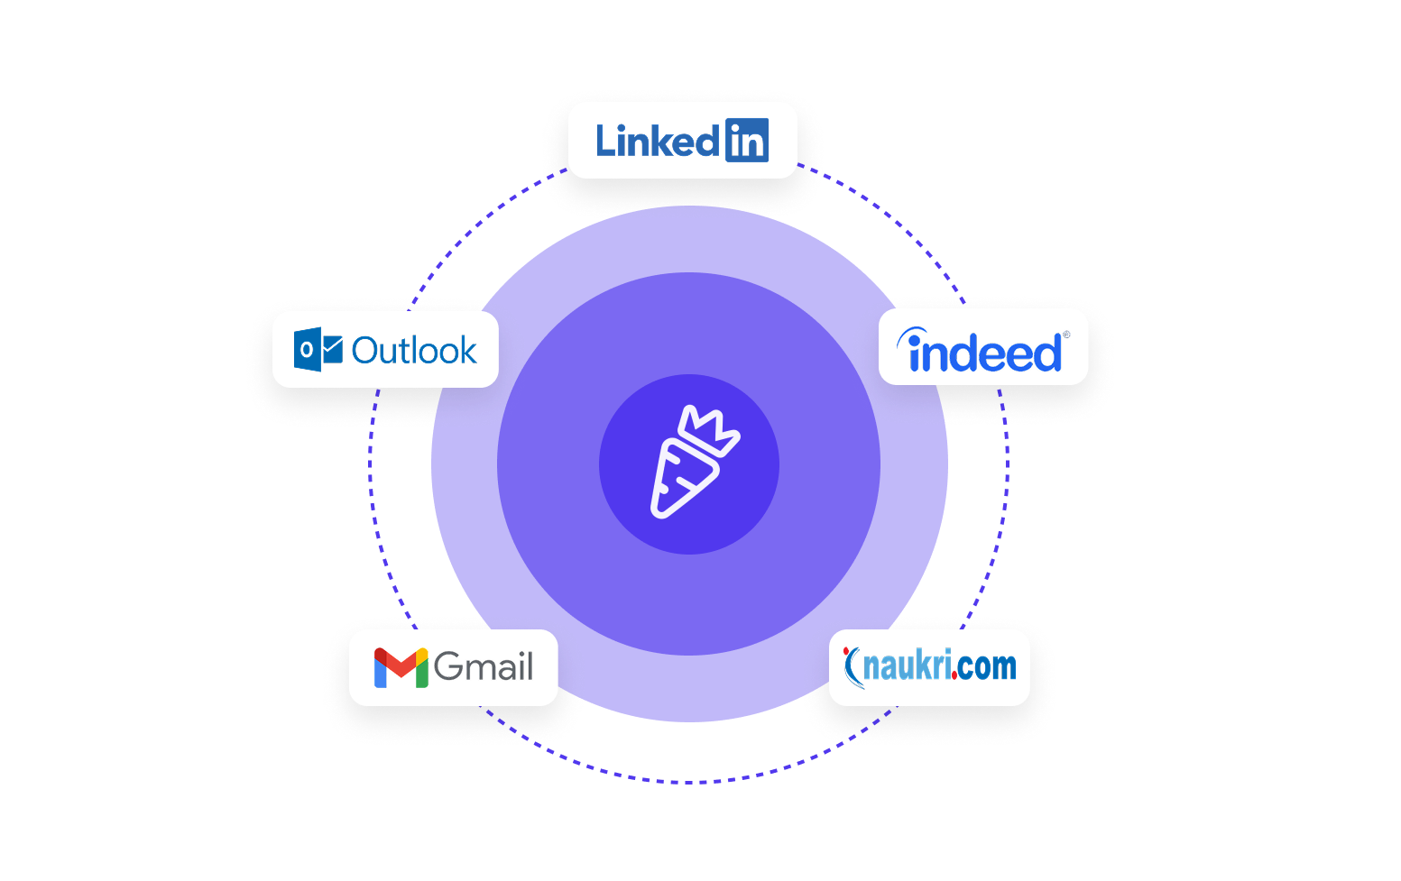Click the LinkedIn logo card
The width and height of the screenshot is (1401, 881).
pyautogui.click(x=682, y=140)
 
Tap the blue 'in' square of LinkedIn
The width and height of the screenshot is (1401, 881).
pyautogui.click(x=746, y=141)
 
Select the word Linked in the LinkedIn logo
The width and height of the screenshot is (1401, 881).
pyautogui.click(x=657, y=142)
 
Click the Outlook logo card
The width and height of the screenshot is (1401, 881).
pyautogui.click(x=385, y=350)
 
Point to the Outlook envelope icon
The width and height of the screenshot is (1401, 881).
pyautogui.click(x=318, y=350)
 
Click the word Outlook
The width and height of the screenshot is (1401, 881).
pyautogui.click(x=414, y=351)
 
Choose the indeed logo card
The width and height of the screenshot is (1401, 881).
pyautogui.click(x=983, y=347)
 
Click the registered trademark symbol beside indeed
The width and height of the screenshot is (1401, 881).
pyautogui.click(x=1066, y=335)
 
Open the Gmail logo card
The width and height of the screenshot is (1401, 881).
pyautogui.click(x=453, y=667)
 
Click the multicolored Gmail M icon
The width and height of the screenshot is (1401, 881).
pyautogui.click(x=401, y=668)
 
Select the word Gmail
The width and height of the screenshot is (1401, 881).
pyautogui.click(x=484, y=667)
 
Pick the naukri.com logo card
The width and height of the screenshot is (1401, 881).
pyautogui.click(x=929, y=667)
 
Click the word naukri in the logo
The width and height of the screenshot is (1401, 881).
pyautogui.click(x=907, y=667)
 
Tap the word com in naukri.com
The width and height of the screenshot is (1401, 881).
pyautogui.click(x=988, y=667)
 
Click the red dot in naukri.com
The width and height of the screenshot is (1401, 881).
pyautogui.click(x=954, y=675)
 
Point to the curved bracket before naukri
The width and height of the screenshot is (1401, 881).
pyautogui.click(x=850, y=667)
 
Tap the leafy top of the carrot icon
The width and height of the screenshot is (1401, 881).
pyautogui.click(x=713, y=427)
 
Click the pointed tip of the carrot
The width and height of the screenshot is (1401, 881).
pyautogui.click(x=658, y=512)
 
